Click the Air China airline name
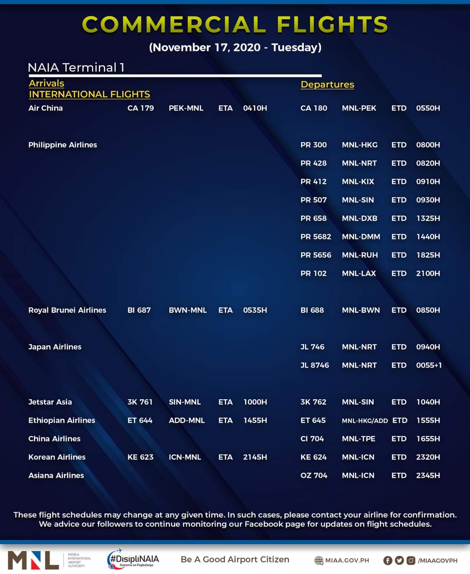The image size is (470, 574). [46, 108]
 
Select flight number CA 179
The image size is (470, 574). [141, 108]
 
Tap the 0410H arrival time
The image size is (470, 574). [255, 108]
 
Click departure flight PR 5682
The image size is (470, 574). [316, 236]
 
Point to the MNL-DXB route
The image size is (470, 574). [359, 218]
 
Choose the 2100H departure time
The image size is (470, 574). [428, 273]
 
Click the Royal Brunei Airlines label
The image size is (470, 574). [67, 310]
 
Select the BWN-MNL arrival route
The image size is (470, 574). [188, 310]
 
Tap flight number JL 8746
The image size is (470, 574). [315, 365]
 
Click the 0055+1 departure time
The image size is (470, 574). [429, 365]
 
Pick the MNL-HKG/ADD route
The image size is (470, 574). [365, 421]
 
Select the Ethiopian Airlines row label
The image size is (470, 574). [62, 420]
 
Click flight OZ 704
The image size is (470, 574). [314, 475]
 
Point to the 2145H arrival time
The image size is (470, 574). [255, 457]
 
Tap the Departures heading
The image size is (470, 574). [327, 84]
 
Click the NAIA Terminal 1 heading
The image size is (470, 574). [76, 68]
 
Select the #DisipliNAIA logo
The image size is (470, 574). [133, 560]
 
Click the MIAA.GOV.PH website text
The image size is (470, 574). [347, 560]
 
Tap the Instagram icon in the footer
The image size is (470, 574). [411, 560]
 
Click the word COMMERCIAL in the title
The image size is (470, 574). [174, 24]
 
